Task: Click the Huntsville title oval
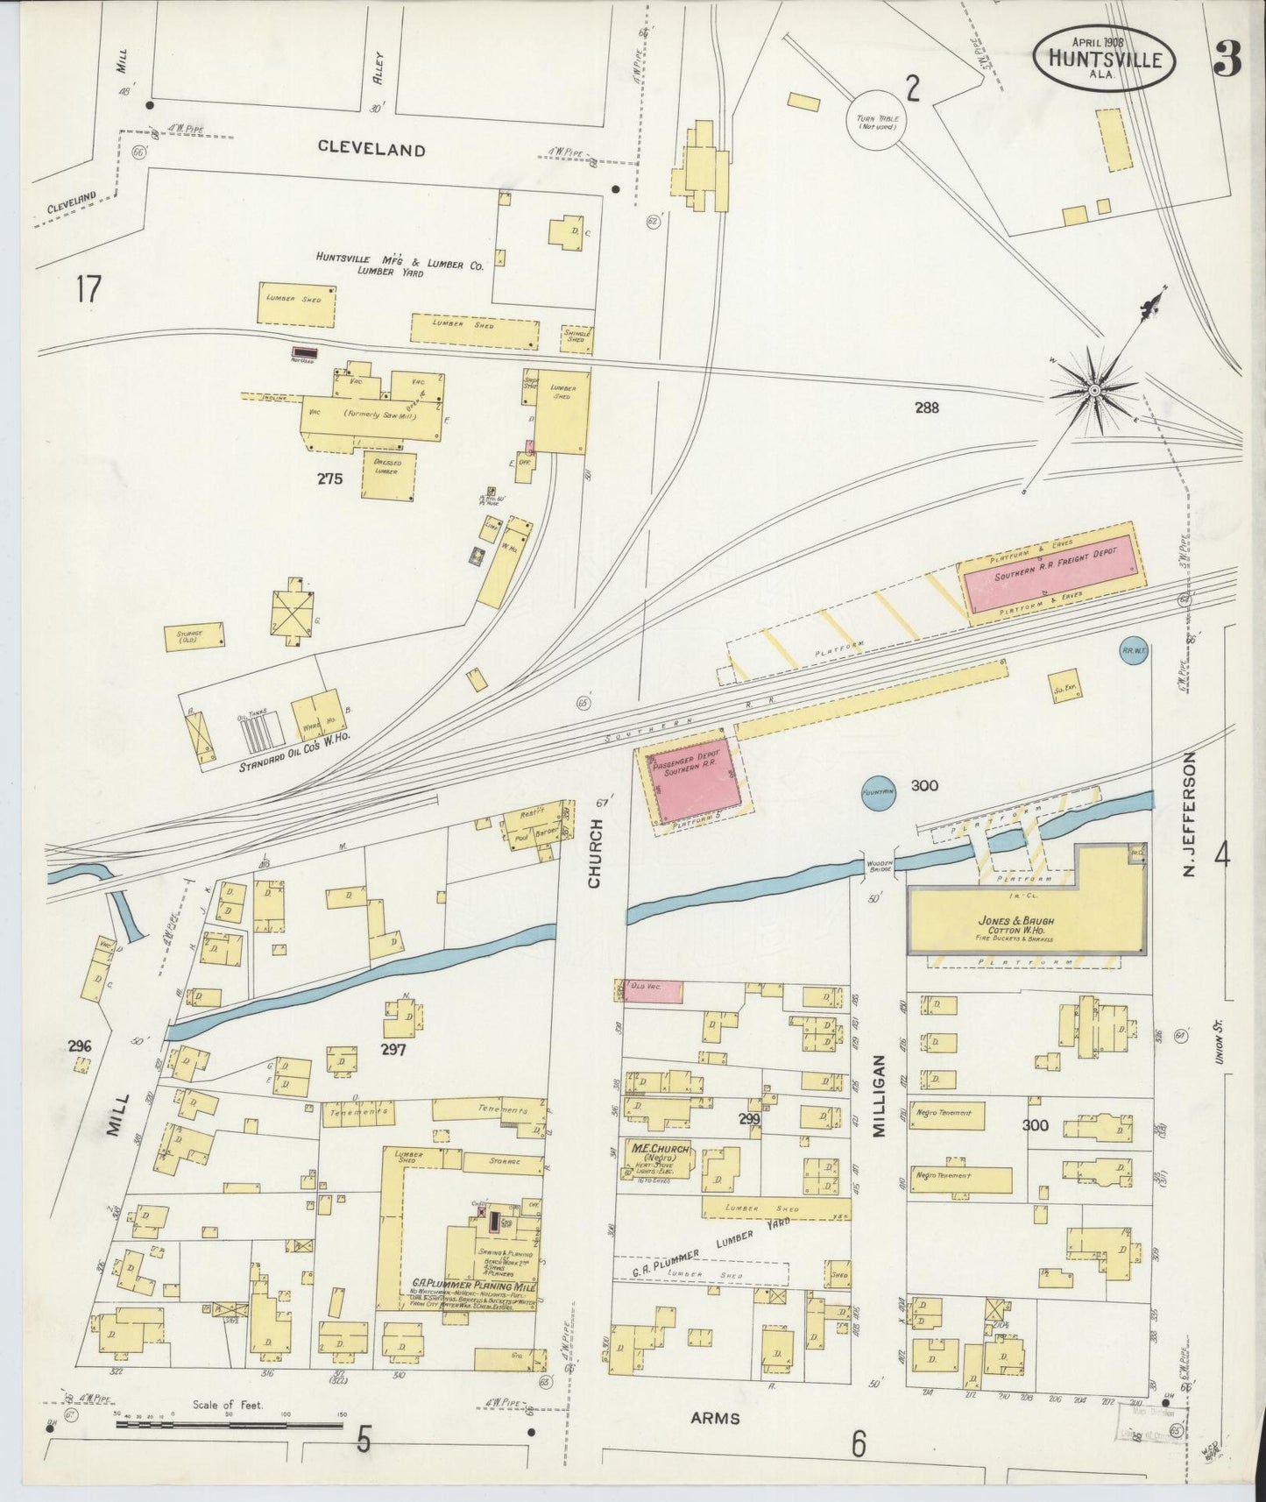[1103, 58]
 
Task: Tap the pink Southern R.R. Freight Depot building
[1053, 576]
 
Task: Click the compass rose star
[1094, 388]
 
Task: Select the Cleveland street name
[371, 149]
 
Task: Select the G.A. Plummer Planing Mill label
[474, 1286]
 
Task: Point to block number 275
[331, 478]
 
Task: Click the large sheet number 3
[1228, 59]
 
